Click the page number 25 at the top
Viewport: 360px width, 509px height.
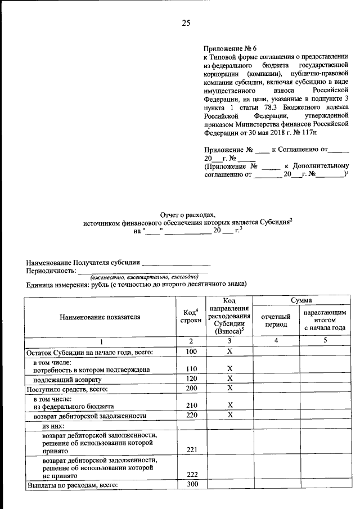186,22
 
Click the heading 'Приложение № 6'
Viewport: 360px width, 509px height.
231,49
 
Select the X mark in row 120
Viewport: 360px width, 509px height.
229,379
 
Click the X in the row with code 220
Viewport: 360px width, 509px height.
229,415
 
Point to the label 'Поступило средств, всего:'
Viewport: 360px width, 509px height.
67,388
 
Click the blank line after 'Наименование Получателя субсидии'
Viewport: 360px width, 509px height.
175,262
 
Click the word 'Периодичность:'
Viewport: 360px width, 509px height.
51,271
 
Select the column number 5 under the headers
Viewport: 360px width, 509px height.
325,342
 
